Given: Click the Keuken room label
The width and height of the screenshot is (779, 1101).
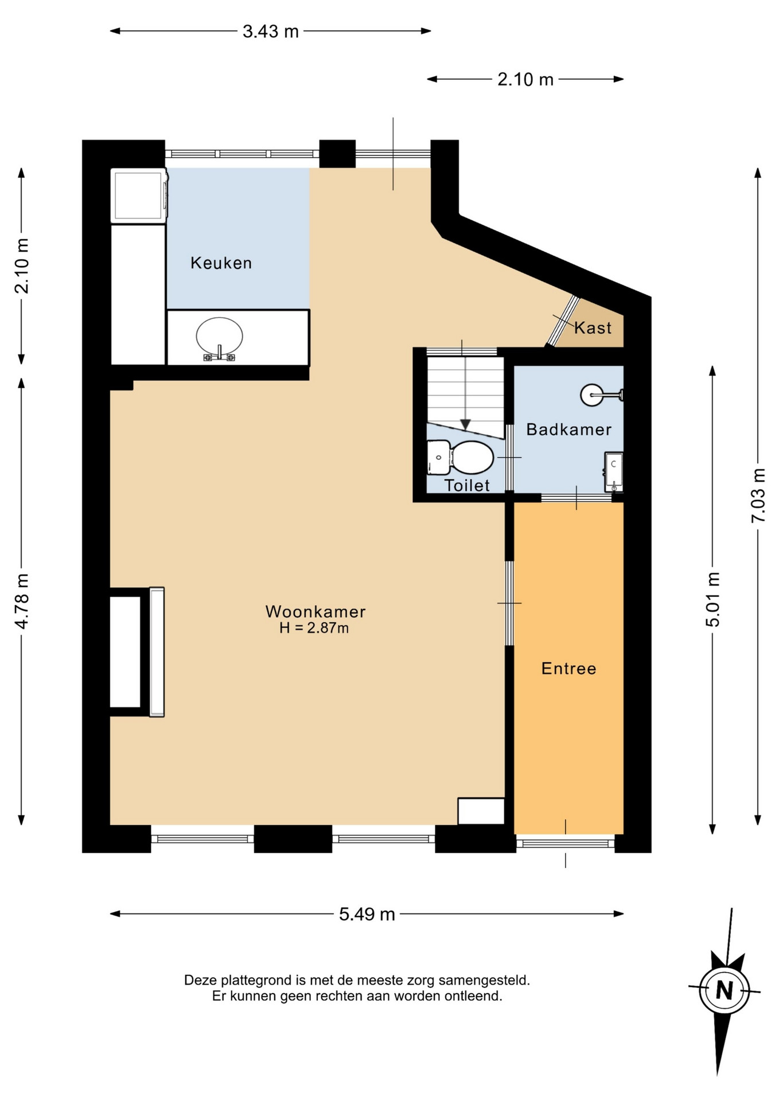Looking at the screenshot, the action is (221, 263).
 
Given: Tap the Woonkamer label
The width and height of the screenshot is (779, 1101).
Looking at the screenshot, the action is (316, 611).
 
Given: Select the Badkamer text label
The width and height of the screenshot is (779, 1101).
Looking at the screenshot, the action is (569, 430).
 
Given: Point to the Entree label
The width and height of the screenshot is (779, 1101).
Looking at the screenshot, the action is (569, 669).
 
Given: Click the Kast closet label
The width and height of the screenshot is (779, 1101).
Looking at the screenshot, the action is (593, 328).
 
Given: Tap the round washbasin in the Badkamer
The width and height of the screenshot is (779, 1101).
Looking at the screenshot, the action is (592, 395).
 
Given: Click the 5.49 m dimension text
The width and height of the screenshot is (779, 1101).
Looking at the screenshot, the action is (367, 914).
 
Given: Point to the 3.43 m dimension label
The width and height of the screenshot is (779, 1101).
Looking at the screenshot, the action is (271, 32).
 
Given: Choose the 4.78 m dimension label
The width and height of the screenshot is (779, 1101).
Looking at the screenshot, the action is (22, 601).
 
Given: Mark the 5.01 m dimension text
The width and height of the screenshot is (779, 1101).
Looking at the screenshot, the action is (712, 599).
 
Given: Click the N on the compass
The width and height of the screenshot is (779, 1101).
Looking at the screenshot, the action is (725, 990).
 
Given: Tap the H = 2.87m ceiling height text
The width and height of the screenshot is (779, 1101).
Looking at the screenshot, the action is (314, 628).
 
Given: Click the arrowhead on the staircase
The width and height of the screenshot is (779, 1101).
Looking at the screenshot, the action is (465, 425).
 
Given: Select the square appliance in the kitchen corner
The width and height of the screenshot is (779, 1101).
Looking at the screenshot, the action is (139, 196).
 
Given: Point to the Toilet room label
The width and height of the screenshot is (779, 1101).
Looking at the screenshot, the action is (467, 486).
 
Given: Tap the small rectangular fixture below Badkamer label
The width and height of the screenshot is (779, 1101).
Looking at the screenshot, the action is (614, 472).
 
